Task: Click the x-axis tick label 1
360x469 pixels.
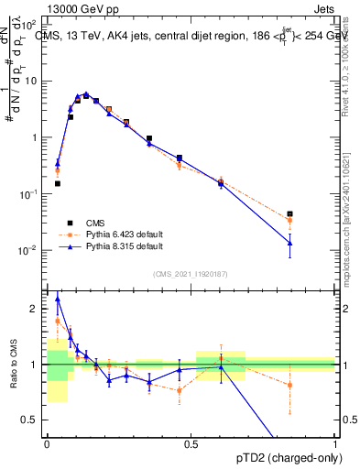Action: click(335, 443)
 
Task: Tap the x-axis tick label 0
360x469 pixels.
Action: click(47, 443)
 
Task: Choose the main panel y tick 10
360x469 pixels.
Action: click(32, 81)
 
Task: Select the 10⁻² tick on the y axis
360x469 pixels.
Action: click(31, 250)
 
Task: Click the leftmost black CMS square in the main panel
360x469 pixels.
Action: click(58, 183)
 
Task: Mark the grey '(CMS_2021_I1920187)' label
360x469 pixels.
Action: click(191, 273)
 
